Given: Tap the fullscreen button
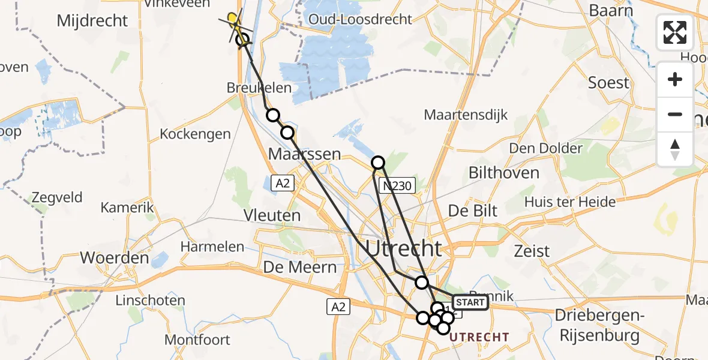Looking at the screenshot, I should coord(675,32).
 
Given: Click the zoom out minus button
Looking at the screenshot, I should coord(675,114).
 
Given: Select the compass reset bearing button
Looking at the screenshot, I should coord(675,149).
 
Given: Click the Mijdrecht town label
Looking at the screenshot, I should coord(92,20).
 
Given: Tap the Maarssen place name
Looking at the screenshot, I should coord(304,154).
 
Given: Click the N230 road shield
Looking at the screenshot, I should coord(397,186).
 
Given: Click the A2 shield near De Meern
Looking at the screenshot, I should coord(338,307).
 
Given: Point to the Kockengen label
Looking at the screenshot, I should coord(195,134).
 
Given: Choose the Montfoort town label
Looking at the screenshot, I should coord(197,340).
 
